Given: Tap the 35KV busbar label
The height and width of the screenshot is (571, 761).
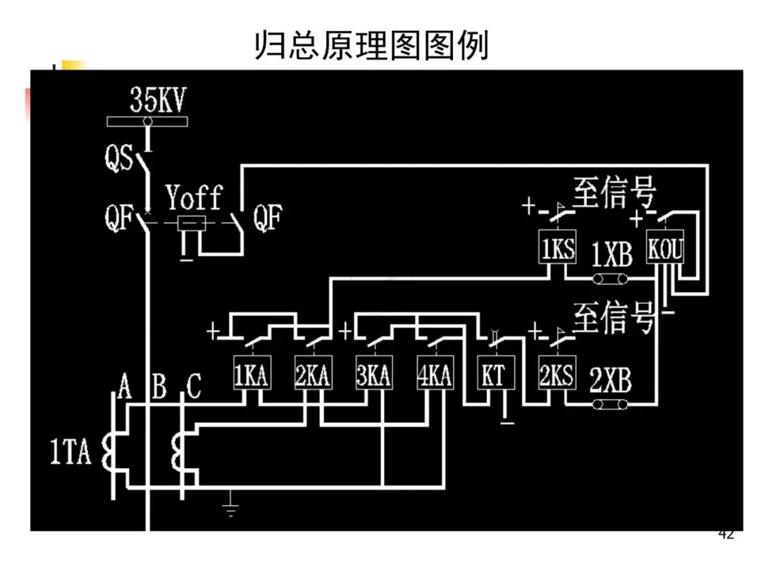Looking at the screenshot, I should [x=158, y=102].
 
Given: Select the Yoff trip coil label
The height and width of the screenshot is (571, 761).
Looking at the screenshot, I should [x=194, y=198].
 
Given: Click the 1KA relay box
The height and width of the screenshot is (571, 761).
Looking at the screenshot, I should [x=251, y=375].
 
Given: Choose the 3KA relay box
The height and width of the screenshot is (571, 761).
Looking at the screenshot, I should [x=373, y=375].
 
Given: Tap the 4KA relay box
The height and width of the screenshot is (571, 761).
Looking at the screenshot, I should [x=434, y=375].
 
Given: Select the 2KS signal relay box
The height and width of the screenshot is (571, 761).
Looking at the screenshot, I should [x=557, y=375].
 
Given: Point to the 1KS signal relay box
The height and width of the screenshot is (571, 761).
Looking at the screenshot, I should [x=558, y=249].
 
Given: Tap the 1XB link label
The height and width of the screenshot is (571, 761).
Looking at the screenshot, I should [x=612, y=254].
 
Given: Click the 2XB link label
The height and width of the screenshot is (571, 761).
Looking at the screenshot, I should [x=610, y=381].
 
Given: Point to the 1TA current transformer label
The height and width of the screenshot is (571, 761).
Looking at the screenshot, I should [x=70, y=453].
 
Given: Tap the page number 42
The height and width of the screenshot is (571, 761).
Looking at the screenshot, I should [x=726, y=534].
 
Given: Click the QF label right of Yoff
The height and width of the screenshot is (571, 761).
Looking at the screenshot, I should [x=268, y=220].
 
